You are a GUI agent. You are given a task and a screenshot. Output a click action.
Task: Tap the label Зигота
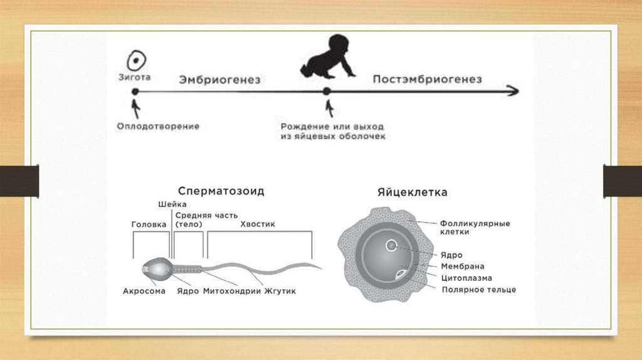(134, 78)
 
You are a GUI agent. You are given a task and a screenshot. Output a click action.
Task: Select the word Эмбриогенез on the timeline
(219, 80)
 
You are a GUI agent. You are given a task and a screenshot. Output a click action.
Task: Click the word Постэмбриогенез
(427, 80)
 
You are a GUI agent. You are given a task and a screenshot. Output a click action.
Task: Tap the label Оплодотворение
(158, 126)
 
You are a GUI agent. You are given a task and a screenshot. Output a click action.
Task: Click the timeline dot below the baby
(326, 92)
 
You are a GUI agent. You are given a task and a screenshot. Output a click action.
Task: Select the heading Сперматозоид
(221, 192)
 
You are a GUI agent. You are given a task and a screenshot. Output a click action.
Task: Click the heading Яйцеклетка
(412, 193)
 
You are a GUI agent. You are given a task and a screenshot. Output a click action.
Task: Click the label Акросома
(144, 292)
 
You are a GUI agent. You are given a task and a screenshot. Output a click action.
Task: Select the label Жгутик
(280, 292)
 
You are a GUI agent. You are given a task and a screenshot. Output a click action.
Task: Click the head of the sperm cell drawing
(155, 268)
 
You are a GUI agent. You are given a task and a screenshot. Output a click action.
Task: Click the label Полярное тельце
(479, 290)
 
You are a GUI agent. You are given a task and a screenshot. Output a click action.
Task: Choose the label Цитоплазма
(466, 278)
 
